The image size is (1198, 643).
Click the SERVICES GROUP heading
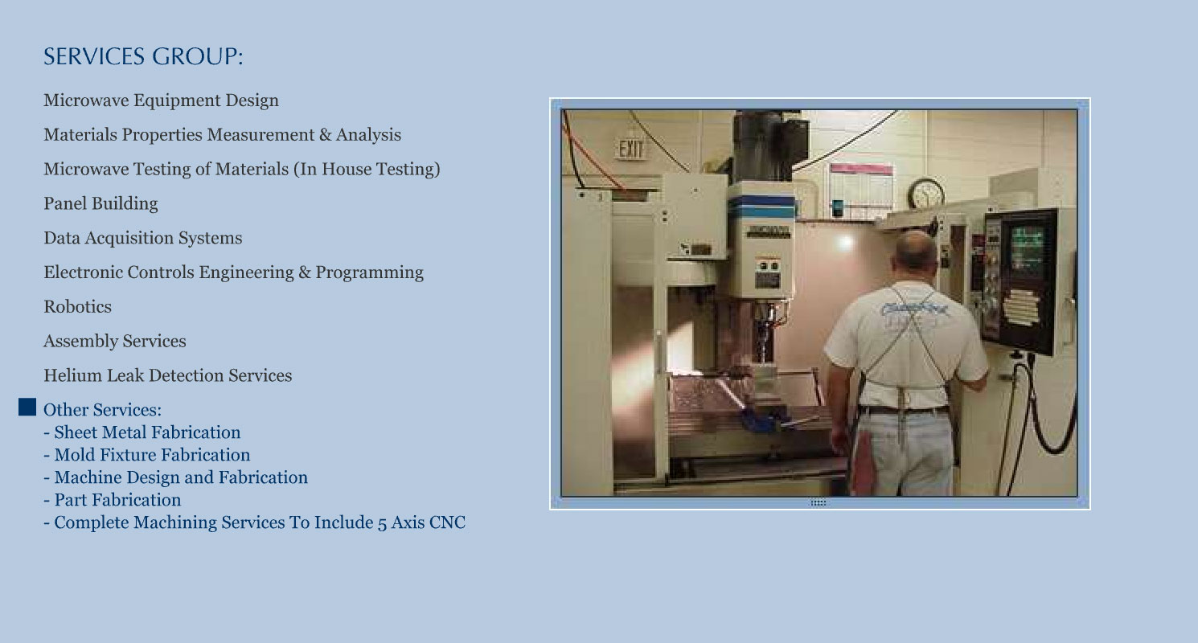click(143, 56)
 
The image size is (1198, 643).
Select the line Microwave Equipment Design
click(161, 100)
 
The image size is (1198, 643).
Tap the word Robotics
click(77, 307)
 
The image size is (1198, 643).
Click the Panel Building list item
click(101, 203)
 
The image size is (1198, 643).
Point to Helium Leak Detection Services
click(168, 375)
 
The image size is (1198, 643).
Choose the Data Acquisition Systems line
click(143, 238)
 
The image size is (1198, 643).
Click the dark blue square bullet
click(27, 407)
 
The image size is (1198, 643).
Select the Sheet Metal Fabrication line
click(142, 432)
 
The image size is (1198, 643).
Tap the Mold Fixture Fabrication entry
click(146, 455)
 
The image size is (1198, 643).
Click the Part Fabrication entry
click(113, 500)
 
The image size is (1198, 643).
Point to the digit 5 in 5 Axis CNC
click(382, 523)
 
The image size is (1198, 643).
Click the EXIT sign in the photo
click(631, 149)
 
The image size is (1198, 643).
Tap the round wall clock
click(925, 194)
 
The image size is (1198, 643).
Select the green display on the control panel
click(1027, 248)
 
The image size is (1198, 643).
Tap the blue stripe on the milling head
click(761, 207)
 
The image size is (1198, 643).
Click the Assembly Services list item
click(114, 341)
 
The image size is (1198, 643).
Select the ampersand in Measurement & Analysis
click(325, 135)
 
